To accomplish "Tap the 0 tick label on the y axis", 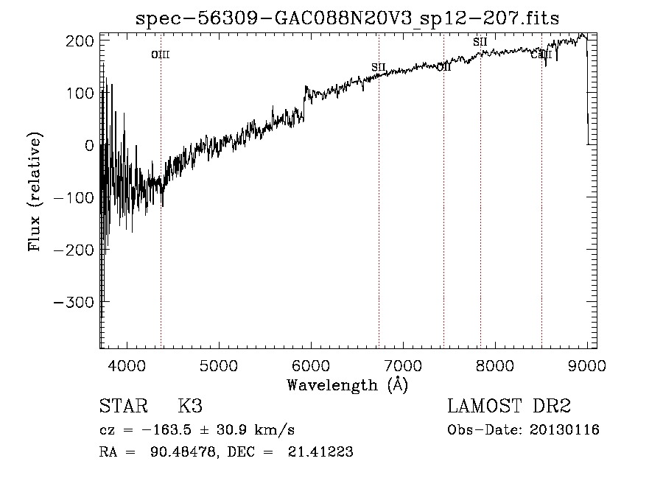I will click(x=89, y=146).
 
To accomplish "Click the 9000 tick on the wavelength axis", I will click(x=586, y=365).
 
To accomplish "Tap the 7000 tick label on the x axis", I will click(x=403, y=365).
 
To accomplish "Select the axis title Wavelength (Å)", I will click(x=347, y=384).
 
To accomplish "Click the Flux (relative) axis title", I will click(x=35, y=191).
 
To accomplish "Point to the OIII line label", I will click(x=161, y=55).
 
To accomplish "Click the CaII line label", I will click(x=541, y=54).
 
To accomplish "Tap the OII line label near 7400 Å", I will click(x=443, y=67).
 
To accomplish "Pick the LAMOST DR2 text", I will click(x=509, y=407).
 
